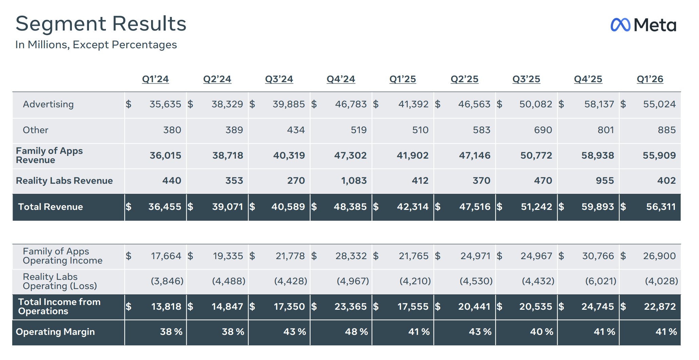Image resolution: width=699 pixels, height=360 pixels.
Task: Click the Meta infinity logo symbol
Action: pos(620,25)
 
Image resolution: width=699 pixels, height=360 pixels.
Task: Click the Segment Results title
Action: pos(101,24)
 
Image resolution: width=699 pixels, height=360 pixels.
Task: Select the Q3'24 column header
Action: pos(279,79)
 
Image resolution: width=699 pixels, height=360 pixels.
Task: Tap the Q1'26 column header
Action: pos(650,79)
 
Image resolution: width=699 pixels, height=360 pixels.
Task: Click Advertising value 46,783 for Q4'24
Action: pos(351,104)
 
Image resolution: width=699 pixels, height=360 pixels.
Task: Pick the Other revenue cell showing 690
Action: pos(543,130)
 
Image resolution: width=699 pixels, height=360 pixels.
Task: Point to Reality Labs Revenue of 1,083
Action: pos(354,181)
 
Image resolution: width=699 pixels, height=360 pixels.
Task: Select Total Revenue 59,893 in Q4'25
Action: pos(597,206)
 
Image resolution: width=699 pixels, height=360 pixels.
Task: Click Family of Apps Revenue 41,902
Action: pos(412,155)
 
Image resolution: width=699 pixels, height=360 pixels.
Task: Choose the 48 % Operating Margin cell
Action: pos(356,331)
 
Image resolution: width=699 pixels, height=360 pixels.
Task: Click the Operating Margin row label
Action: pos(55,332)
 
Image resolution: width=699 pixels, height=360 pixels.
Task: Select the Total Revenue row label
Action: pos(51,207)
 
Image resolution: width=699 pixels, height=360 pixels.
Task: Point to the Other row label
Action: pos(35,130)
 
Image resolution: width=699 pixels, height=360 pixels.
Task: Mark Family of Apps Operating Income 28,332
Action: pos(351,256)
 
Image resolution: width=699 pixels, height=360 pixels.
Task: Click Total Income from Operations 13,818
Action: pos(166,307)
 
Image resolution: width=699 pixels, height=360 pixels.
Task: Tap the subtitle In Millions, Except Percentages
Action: pos(96,45)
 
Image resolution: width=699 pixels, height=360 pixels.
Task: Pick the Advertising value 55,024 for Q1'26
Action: pos(659,104)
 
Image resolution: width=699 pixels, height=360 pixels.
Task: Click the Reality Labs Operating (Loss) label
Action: pos(60,281)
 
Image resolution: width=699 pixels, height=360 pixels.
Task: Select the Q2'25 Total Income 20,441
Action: pos(474,307)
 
